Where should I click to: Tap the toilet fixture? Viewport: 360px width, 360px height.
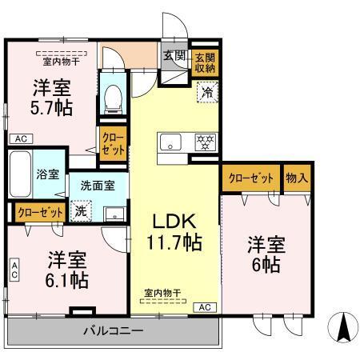point(114,95)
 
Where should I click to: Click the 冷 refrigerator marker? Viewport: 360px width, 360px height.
point(206,92)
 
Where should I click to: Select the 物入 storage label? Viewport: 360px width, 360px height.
point(297,178)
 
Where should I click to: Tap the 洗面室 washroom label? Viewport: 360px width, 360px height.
point(97,185)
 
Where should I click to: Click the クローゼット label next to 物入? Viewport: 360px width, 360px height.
point(250,178)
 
